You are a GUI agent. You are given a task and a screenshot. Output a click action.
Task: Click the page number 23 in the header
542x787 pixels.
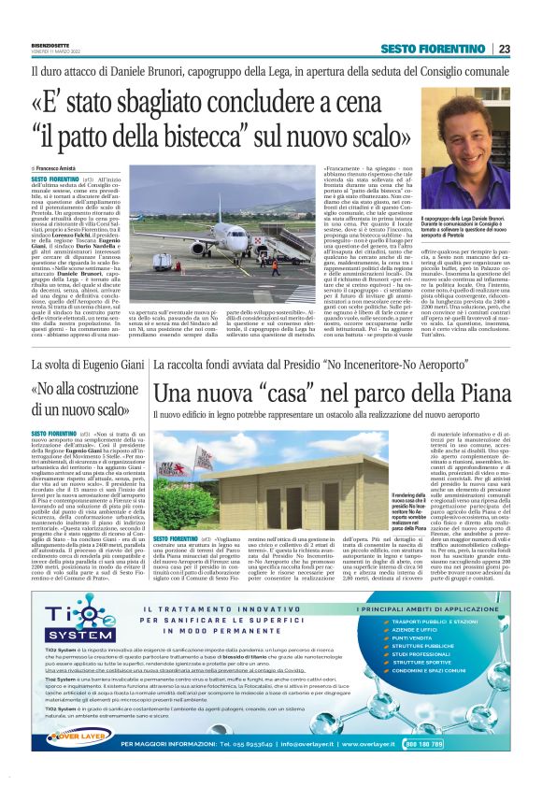pyautogui.click(x=504, y=49)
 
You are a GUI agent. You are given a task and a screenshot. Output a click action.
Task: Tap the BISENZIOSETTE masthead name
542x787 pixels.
pyautogui.click(x=31, y=41)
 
